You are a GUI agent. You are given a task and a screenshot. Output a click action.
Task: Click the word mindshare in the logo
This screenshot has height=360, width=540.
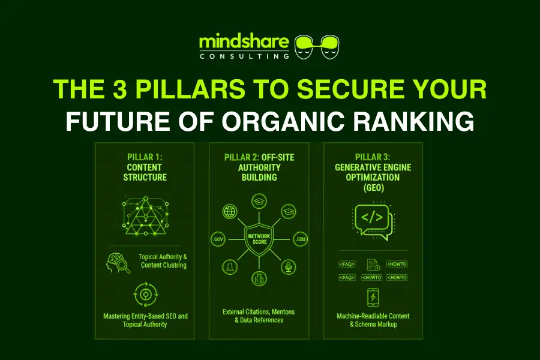coord(244,43)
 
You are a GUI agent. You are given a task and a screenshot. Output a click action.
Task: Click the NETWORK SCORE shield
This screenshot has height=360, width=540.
coord(259,239)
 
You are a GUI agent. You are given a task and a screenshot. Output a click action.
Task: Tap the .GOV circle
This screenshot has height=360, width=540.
coord(218,239)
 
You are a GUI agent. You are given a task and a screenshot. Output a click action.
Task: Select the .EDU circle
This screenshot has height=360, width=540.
coord(299,239)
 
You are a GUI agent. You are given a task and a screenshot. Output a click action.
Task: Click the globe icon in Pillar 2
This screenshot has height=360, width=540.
coord(229,212)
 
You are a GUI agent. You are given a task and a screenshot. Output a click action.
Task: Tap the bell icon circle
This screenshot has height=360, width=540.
coord(229,267)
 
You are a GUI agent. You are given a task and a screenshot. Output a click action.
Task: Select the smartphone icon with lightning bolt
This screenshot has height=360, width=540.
coord(373,297)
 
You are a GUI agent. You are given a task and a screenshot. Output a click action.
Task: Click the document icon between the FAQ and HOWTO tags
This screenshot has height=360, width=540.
coord(372,264)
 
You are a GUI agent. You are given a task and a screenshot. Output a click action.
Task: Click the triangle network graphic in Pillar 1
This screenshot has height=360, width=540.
coord(144,213)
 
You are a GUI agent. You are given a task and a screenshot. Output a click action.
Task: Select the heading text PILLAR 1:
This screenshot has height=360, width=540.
coord(144,157)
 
